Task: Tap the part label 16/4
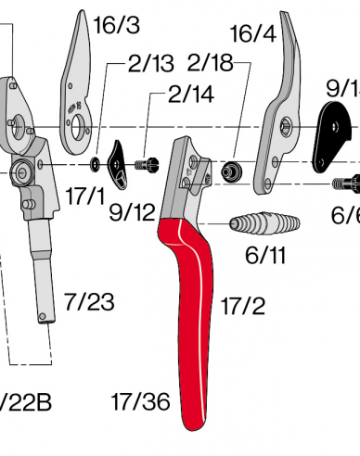click(253, 34)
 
